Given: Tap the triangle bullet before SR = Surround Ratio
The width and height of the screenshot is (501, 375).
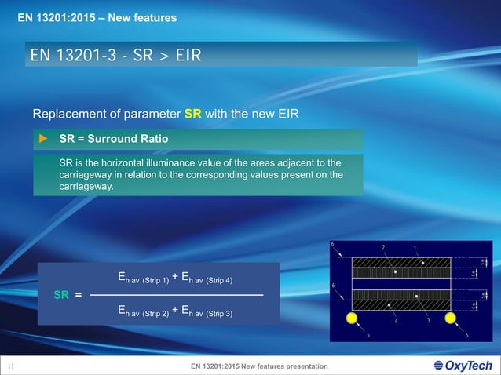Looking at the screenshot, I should coord(44,140).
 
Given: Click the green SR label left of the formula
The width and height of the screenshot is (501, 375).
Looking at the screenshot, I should coord(61,294).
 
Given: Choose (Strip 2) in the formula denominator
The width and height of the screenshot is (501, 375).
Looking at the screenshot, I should coord(155,314).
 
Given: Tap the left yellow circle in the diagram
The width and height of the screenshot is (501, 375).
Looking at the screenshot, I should coord(351,318).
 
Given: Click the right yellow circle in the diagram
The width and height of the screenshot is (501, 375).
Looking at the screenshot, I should coord(452,318).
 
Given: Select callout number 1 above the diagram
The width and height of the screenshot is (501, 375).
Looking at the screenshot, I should coord(415,248).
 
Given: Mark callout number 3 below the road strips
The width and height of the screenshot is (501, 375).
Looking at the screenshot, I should coord(428,320).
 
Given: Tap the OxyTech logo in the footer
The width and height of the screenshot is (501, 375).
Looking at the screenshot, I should coord(463,366).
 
